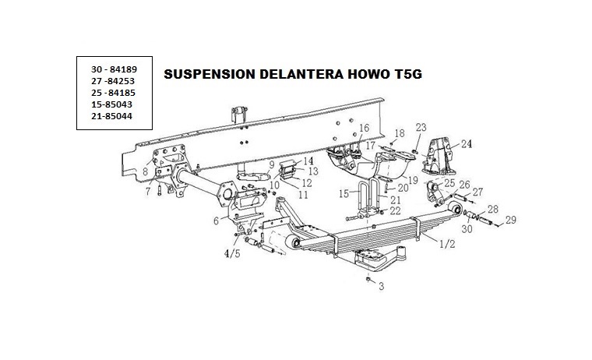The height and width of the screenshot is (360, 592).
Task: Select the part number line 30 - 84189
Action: click(x=115, y=69)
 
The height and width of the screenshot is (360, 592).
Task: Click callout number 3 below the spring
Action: click(x=381, y=287)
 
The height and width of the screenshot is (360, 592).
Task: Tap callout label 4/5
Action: click(x=233, y=253)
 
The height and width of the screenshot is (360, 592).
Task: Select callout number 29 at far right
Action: click(x=510, y=221)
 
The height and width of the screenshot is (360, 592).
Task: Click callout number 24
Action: click(x=466, y=143)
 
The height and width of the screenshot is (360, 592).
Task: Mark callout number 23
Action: click(x=421, y=128)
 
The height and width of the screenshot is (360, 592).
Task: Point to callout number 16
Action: click(x=364, y=128)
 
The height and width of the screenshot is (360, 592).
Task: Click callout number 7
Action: click(x=147, y=192)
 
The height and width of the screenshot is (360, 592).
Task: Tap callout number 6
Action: click(x=215, y=221)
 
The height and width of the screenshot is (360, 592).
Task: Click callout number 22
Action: click(x=396, y=210)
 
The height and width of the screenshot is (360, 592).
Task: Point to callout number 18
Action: click(x=400, y=134)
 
